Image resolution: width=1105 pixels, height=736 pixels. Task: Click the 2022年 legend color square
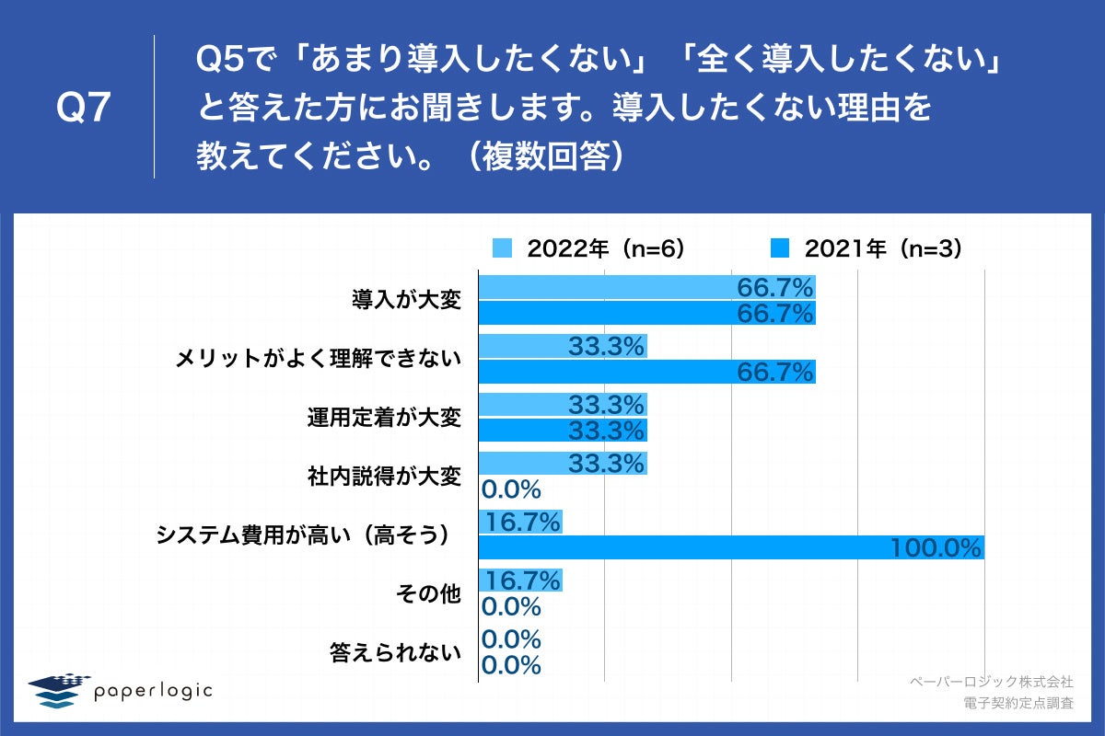tap(502, 248)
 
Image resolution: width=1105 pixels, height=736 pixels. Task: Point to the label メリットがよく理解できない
tap(318, 359)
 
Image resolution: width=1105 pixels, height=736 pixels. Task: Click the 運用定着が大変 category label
tap(383, 418)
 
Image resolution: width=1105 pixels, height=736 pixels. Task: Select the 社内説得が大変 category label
tap(383, 477)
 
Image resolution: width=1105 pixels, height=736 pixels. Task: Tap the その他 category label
tap(427, 594)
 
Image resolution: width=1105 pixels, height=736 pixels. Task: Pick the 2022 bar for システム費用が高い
tap(520, 523)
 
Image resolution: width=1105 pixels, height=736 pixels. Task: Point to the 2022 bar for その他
tap(520, 581)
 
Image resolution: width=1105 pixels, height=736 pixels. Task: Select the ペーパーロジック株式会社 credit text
tap(991, 682)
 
